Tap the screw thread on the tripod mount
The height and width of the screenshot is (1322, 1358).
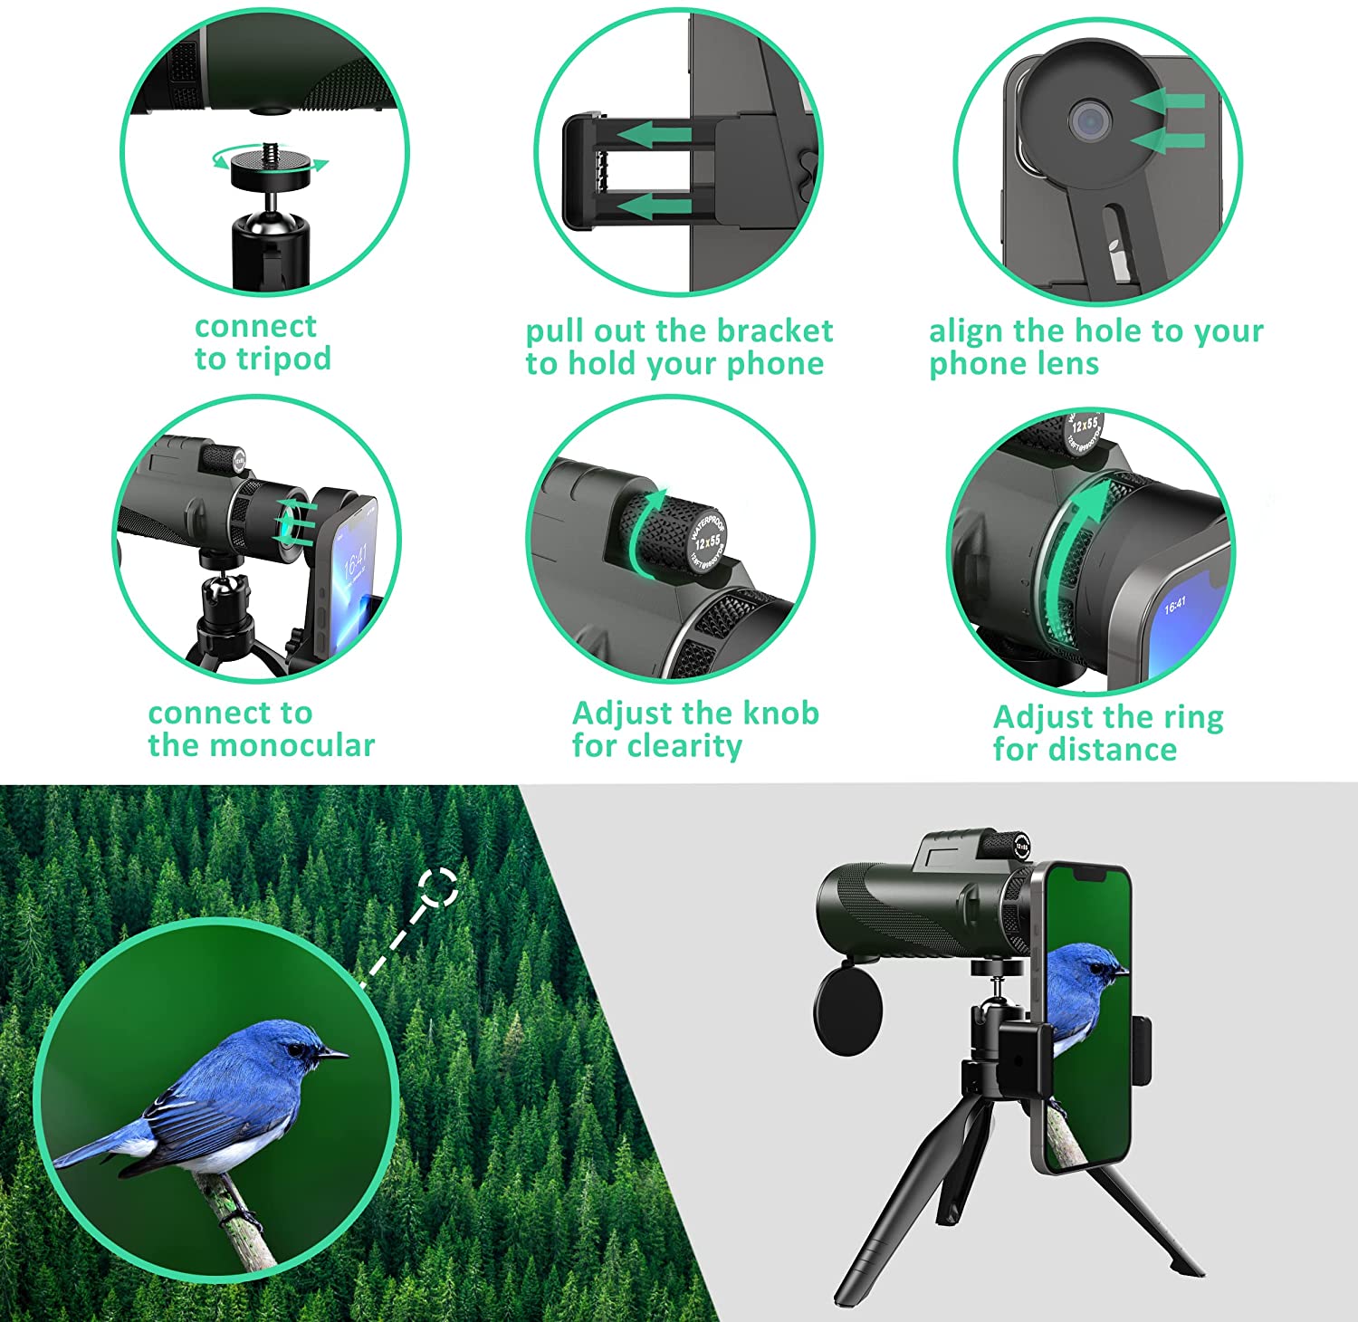(270, 149)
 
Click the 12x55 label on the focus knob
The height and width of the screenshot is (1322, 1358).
(708, 543)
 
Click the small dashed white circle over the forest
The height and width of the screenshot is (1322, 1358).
(438, 887)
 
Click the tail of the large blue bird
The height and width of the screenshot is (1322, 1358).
(86, 1153)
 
